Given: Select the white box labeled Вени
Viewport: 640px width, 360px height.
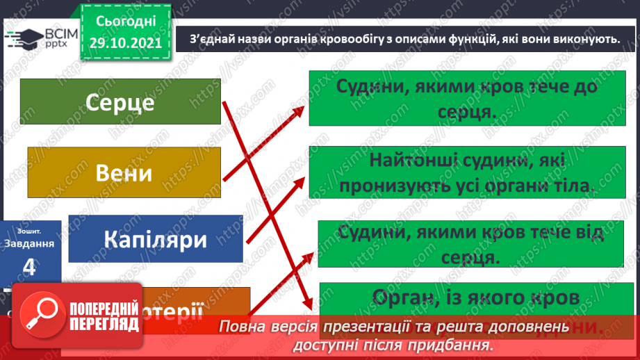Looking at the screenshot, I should coord(124,172).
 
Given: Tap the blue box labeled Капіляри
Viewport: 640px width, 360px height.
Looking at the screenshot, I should coord(156,238).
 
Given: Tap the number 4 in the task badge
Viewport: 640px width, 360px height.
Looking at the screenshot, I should coord(28,266).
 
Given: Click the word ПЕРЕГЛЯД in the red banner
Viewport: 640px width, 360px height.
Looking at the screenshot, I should coord(104,323).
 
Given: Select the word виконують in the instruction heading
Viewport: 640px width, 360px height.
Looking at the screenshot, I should coord(582,40).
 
